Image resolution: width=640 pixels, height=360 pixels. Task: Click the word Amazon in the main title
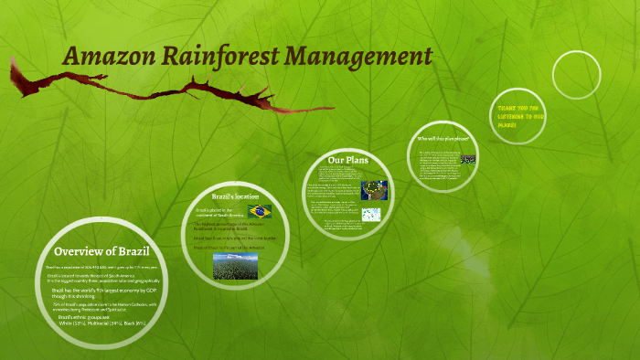(x=109, y=57)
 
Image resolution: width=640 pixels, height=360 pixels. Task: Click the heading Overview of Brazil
(x=101, y=251)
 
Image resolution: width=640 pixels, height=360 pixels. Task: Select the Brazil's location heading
(x=236, y=196)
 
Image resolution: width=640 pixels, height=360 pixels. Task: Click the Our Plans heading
(x=347, y=161)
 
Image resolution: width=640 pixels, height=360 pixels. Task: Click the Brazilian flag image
(x=261, y=211)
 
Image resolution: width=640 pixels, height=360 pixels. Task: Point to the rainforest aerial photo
(x=234, y=265)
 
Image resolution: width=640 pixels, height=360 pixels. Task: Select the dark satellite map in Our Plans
(x=374, y=189)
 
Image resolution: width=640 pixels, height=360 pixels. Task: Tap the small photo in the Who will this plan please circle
(x=467, y=159)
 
